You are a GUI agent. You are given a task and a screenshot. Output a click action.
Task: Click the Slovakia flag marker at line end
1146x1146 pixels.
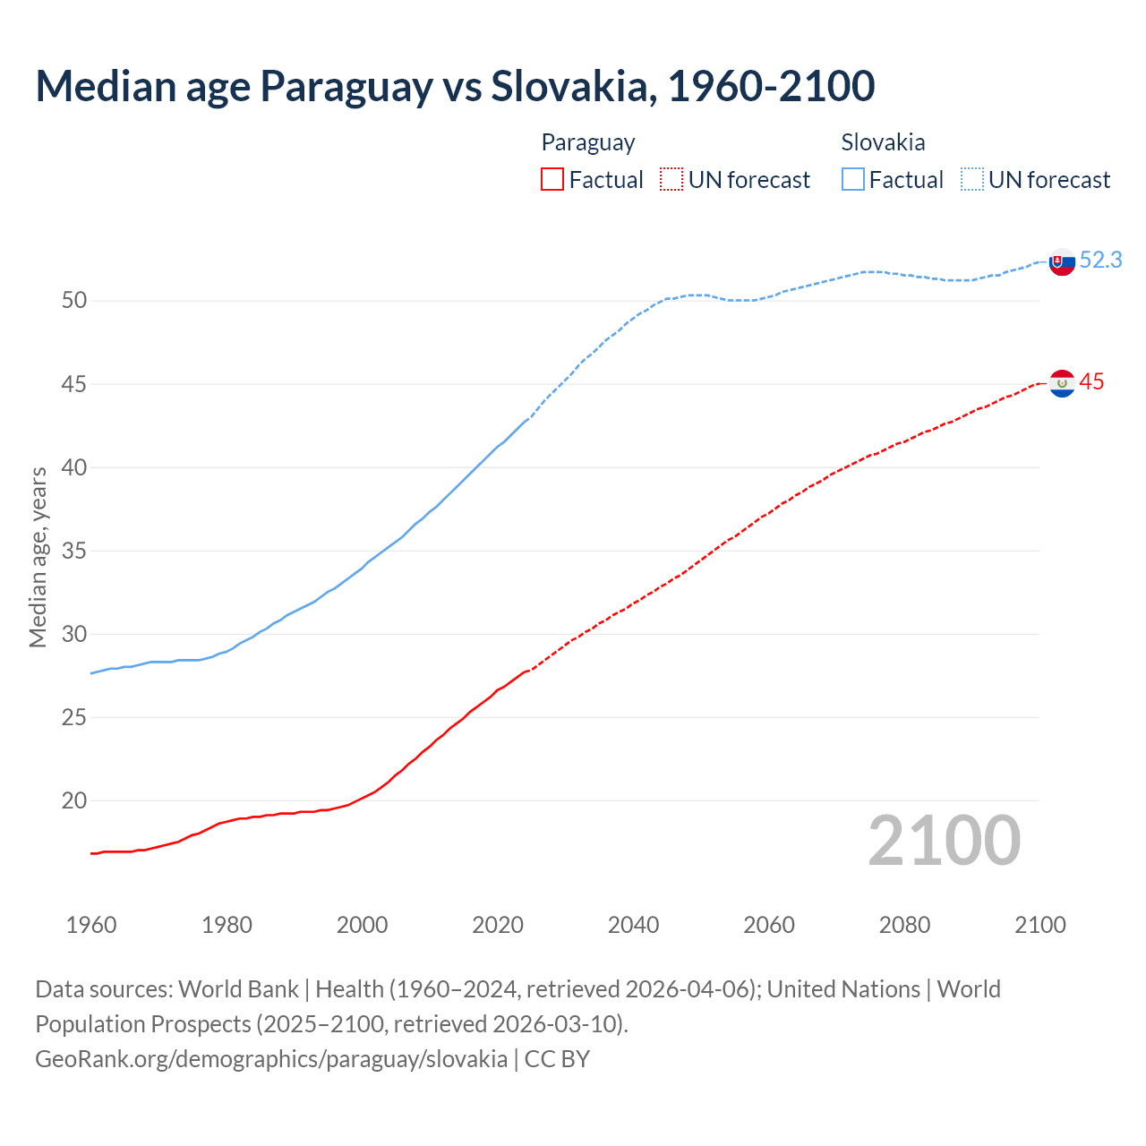coord(1062,261)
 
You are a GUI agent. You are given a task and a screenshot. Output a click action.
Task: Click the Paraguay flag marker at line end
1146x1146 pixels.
coord(1062,383)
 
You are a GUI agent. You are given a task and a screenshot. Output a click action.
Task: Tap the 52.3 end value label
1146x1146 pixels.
coord(1100,260)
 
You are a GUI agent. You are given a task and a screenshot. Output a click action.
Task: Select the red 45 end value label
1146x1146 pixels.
coord(1091,382)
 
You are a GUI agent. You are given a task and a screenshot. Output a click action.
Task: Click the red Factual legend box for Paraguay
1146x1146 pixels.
coord(552,180)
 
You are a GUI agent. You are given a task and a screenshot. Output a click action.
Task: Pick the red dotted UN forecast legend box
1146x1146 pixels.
coord(671,180)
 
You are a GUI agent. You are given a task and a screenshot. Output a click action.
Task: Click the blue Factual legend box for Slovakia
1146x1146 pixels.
coord(853,180)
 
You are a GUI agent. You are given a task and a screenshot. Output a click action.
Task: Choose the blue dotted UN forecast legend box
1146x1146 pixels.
coord(972,180)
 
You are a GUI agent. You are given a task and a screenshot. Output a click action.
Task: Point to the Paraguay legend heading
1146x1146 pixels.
coord(588,142)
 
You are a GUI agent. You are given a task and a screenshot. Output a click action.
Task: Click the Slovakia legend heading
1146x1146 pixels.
coord(883,142)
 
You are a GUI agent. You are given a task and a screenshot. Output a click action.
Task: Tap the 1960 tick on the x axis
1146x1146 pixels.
coord(91,925)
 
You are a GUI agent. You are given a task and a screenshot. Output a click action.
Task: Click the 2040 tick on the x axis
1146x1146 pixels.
coord(633,925)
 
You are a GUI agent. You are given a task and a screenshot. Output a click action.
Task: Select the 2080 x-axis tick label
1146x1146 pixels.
coord(904,925)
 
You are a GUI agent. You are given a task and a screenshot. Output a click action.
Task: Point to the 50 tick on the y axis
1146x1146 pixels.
coord(74,301)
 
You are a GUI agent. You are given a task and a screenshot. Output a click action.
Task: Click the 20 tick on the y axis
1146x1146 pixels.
coord(74,801)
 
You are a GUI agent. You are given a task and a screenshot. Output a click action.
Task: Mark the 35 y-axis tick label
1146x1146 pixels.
coord(74,551)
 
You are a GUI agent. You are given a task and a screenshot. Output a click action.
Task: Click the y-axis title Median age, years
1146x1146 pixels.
coord(38,557)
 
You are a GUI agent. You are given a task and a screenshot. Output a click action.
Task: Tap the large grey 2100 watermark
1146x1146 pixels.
coord(945,841)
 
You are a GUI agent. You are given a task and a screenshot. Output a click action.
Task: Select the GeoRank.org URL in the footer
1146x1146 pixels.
coord(271,1059)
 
